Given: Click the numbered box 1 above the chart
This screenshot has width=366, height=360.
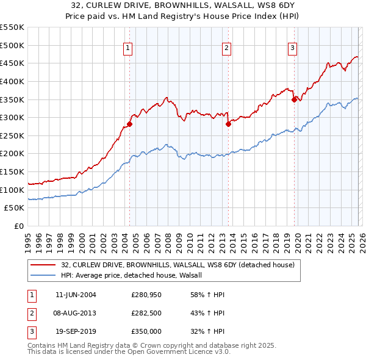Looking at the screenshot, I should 128,49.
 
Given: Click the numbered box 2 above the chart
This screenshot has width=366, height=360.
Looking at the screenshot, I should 226,49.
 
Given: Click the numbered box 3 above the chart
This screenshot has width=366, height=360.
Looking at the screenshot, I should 292,49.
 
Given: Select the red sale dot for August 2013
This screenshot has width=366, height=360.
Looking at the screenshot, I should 228,124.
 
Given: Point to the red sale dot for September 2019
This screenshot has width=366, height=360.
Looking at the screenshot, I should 294,99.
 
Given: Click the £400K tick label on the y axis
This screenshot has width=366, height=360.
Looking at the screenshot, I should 12,81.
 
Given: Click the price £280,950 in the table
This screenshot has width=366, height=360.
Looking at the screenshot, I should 145,295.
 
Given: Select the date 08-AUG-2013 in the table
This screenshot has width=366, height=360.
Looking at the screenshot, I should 76,313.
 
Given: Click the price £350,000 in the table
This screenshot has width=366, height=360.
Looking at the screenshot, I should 145,331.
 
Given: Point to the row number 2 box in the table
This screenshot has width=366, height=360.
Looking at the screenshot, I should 31,313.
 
